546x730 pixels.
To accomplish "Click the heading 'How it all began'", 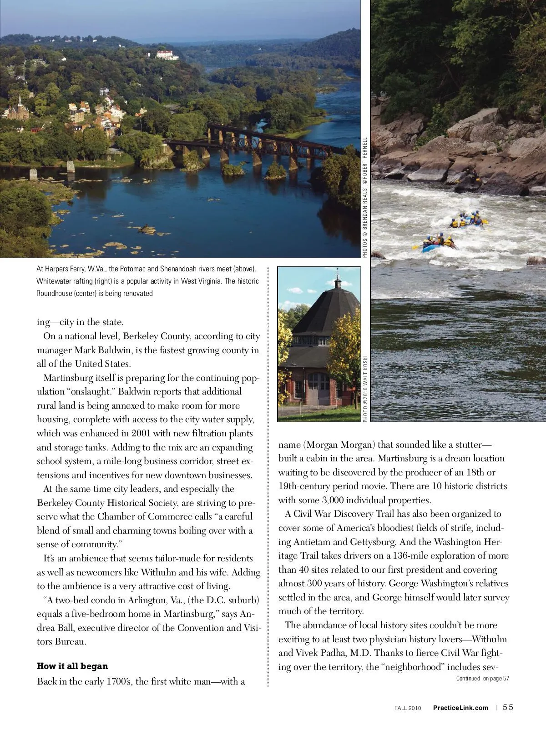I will (x=72, y=666).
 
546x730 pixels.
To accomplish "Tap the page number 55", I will (x=508, y=707).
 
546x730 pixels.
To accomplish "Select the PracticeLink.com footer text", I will (x=460, y=708).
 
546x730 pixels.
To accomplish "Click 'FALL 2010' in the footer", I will (x=408, y=708).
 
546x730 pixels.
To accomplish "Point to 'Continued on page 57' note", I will (x=482, y=679).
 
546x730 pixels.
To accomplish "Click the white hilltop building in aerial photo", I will (x=167, y=55).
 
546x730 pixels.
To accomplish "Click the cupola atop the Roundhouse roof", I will (x=337, y=282).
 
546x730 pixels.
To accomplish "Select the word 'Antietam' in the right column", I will (x=312, y=542).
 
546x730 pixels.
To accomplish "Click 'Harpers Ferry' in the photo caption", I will (x=68, y=269).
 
